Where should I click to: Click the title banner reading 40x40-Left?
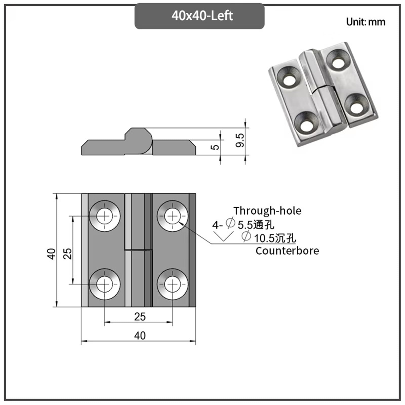coord(199,16)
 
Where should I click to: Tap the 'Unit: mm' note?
coord(366,22)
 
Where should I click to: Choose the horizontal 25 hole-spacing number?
coord(140,317)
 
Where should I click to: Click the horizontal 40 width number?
coord(140,336)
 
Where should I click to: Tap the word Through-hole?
coord(267,211)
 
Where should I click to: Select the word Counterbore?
coord(287,251)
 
